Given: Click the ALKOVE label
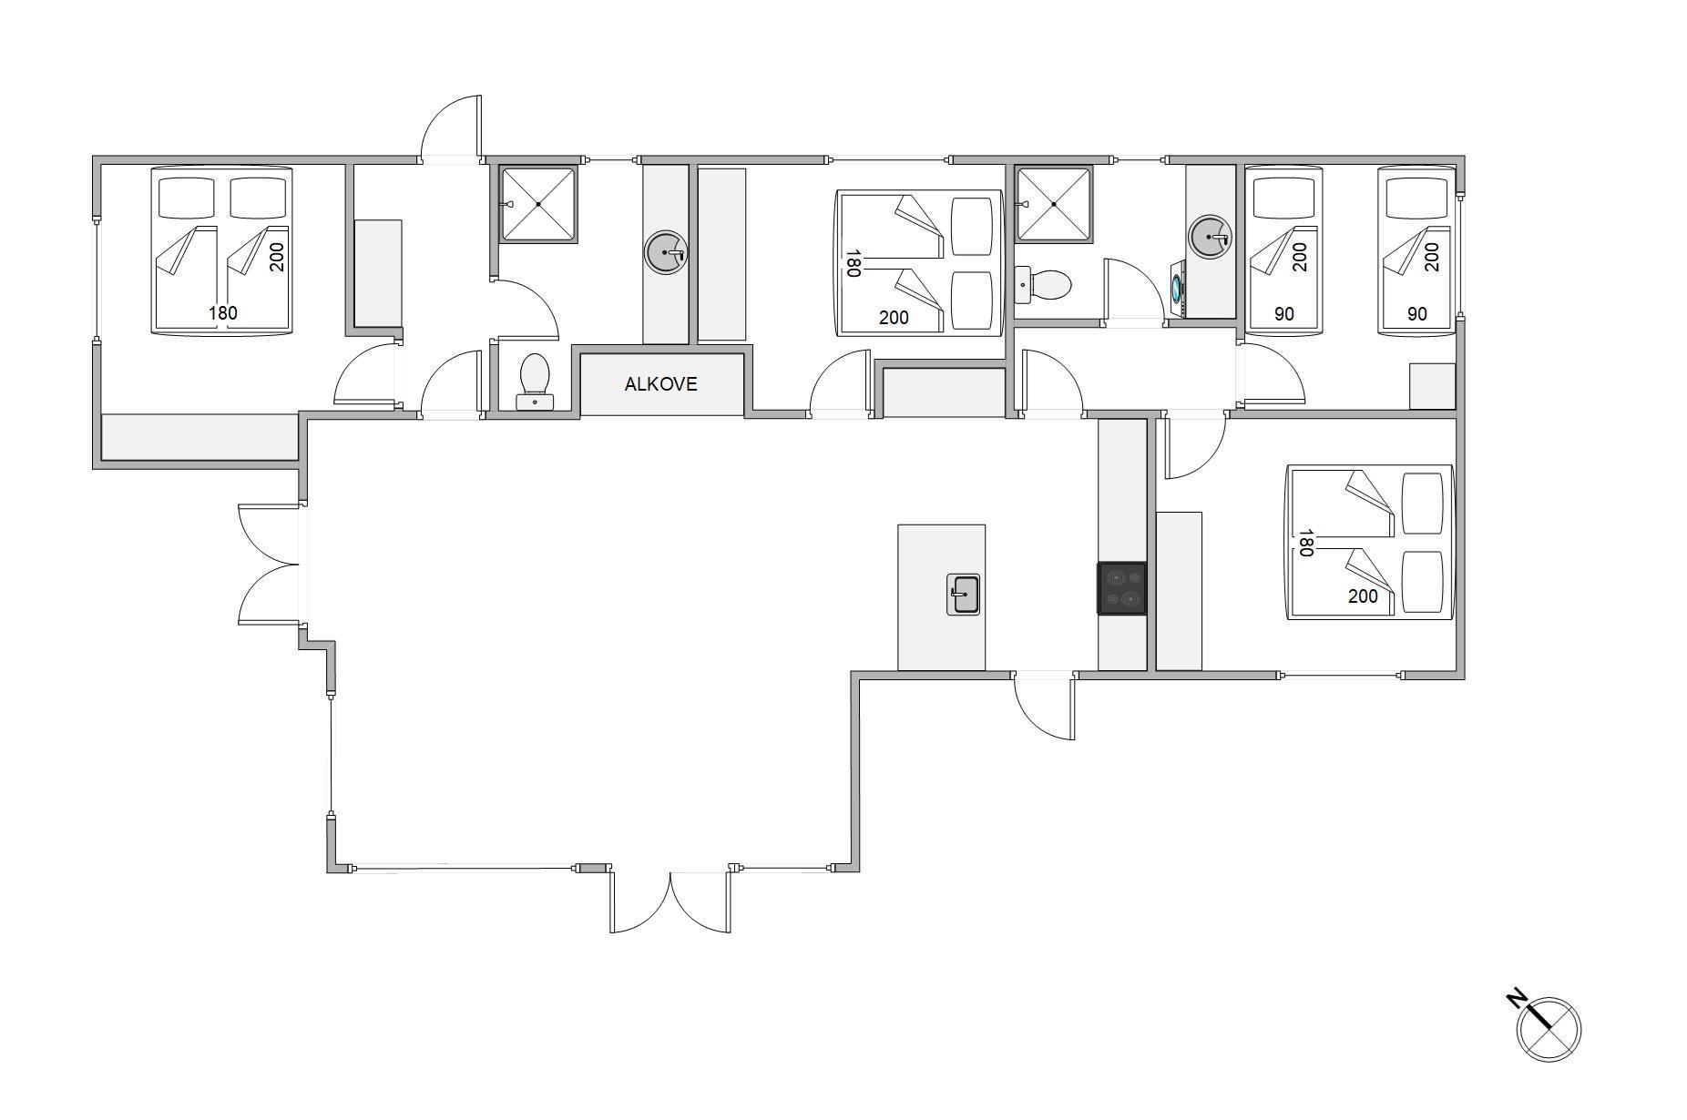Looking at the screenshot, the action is [x=660, y=384].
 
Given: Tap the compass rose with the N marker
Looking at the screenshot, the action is [x=1548, y=1028].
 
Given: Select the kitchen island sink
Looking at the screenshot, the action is [x=964, y=595].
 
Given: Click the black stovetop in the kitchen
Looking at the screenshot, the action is [x=1121, y=587].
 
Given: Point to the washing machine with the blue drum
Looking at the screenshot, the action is [x=1178, y=290].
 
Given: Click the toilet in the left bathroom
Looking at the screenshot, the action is [x=534, y=381].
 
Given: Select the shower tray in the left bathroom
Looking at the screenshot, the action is [x=538, y=204].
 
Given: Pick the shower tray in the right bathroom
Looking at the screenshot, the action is [x=1054, y=204].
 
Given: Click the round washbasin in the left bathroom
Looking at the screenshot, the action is [x=666, y=252].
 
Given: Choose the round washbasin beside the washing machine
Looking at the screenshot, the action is [x=1211, y=237].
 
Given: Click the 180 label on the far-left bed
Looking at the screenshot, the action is [x=223, y=313].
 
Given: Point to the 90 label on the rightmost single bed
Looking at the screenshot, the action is [x=1417, y=314].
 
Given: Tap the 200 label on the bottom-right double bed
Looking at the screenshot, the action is [x=1363, y=596].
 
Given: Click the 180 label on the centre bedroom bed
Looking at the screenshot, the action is [x=854, y=264].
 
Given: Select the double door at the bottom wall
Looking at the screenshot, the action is [x=670, y=901].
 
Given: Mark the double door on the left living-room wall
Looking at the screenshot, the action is [x=270, y=565].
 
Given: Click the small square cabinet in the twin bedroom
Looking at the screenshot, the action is [x=1432, y=386].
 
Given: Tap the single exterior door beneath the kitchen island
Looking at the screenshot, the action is [x=1045, y=706].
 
